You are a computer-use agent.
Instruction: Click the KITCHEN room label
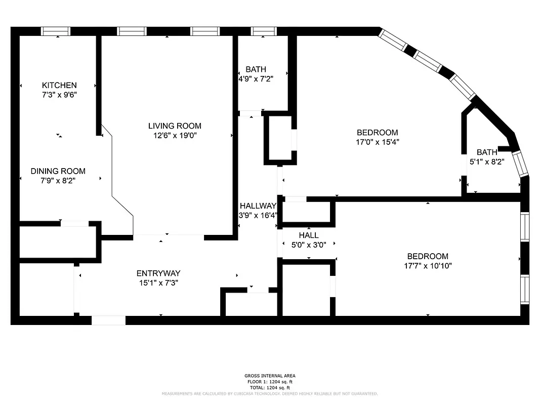(59, 85)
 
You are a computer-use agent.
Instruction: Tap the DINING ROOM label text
(58, 171)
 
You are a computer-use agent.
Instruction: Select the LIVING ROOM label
(175, 126)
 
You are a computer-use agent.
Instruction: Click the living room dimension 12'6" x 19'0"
(175, 135)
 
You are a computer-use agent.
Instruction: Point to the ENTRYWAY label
(158, 273)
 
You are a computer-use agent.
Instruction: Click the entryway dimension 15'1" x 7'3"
(158, 283)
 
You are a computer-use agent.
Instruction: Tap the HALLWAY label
(258, 206)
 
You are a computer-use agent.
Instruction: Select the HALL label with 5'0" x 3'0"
(308, 235)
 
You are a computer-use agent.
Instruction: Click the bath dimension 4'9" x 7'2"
(256, 78)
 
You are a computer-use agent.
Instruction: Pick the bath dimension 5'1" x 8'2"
(487, 161)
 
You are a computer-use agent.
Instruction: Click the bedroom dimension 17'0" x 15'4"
(377, 142)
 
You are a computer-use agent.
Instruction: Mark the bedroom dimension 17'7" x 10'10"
(428, 265)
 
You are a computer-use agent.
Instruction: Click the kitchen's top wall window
(56, 31)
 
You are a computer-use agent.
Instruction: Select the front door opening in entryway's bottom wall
(108, 320)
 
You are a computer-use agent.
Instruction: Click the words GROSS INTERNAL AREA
(270, 376)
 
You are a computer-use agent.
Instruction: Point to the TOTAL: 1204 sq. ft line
(270, 387)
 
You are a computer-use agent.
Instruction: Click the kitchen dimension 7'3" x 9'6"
(59, 94)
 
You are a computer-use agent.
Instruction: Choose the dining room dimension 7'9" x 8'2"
(58, 180)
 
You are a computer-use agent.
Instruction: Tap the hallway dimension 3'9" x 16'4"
(258, 215)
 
